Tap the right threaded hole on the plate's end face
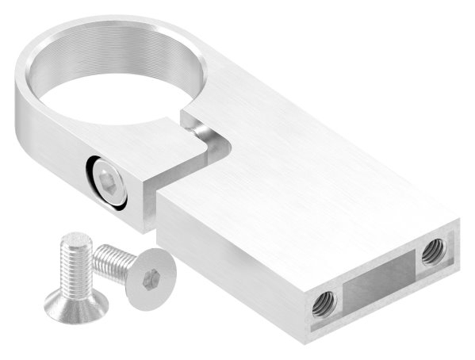click(x=432, y=251)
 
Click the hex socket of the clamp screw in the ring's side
click(x=106, y=180)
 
